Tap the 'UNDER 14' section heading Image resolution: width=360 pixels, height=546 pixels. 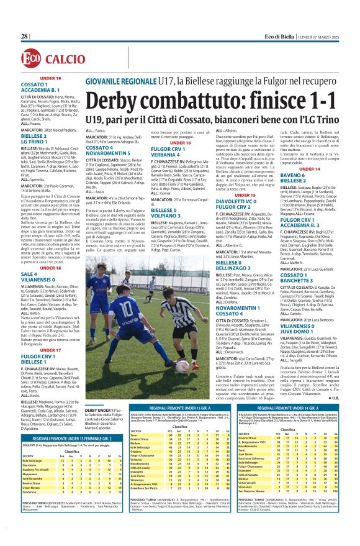click(x=309, y=168)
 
